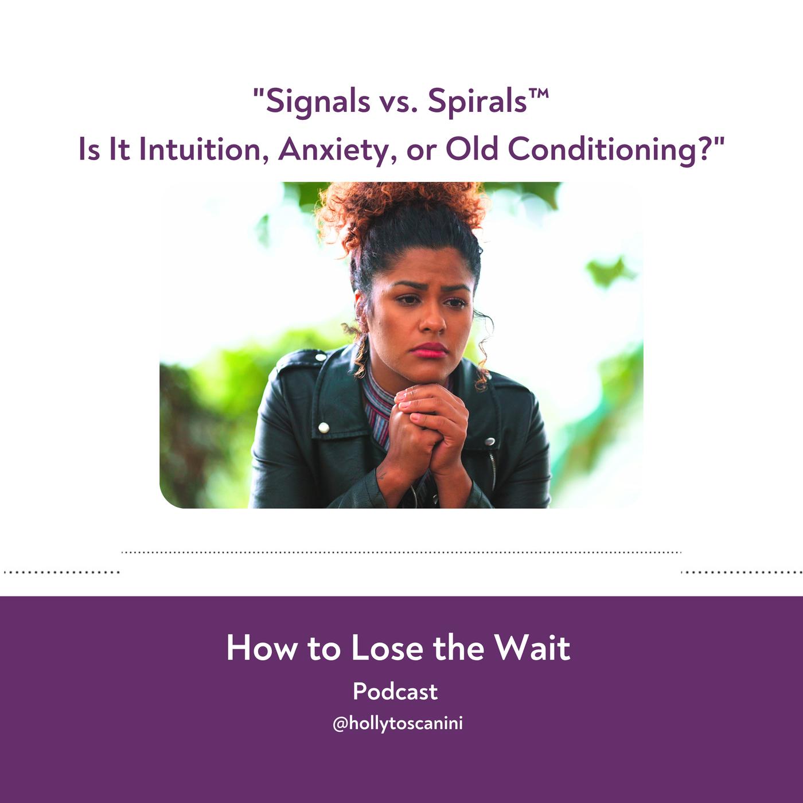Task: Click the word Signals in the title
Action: point(318,102)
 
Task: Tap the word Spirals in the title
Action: point(478,102)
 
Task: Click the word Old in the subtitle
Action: point(471,149)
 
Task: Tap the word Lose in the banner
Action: point(387,648)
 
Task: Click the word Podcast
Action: point(395,692)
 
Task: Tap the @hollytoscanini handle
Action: point(397,723)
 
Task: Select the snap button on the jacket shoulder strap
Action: point(321,357)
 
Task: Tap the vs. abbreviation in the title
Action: point(399,104)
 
